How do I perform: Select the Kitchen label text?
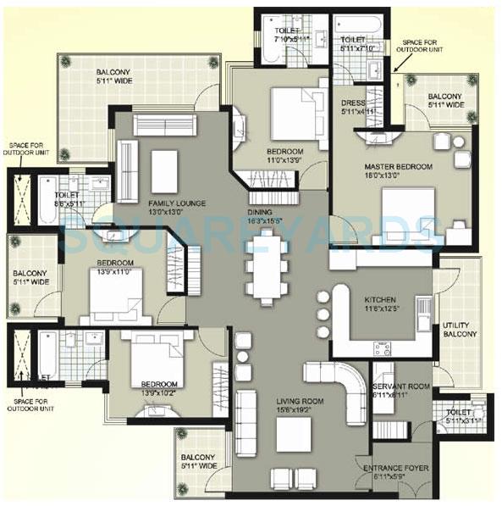coord(380,301)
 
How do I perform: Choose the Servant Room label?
coord(401,386)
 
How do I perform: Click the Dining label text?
coord(260,212)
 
